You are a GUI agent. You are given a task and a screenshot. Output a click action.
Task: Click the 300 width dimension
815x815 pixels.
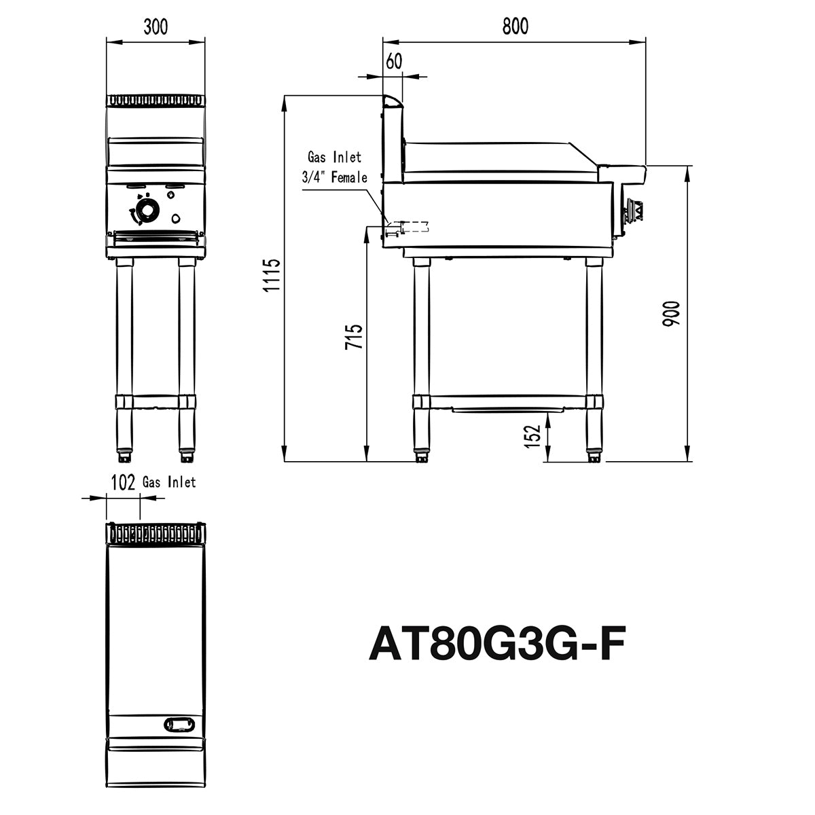click(156, 26)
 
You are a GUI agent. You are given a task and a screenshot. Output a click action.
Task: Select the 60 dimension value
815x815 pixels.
click(394, 61)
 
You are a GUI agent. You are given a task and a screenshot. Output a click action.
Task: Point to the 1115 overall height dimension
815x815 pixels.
click(272, 275)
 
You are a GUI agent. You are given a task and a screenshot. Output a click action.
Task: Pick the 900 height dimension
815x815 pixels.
click(672, 313)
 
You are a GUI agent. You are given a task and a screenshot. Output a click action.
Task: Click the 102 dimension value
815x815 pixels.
click(122, 482)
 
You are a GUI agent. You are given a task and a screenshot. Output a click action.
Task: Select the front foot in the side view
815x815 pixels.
click(594, 456)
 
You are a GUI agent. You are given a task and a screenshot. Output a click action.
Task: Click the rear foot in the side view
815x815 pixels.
click(422, 456)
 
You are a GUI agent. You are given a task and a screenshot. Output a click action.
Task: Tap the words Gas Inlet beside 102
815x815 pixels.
click(169, 482)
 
